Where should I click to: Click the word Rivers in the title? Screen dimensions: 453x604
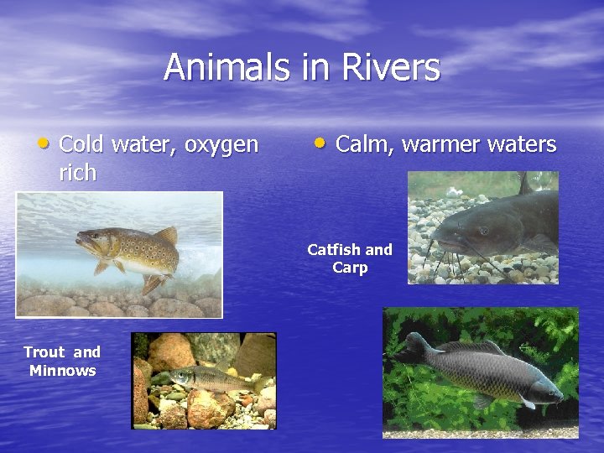pos(390,67)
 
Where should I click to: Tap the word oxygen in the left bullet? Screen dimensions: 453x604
pos(221,145)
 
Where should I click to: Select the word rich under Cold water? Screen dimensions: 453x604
pos(78,174)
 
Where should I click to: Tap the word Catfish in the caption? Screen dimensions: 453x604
pos(334,249)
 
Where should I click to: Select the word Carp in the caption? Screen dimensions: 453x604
pos(350,268)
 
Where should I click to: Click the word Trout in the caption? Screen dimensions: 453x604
pos(43,352)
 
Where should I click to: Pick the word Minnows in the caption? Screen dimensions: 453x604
pos(62,370)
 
